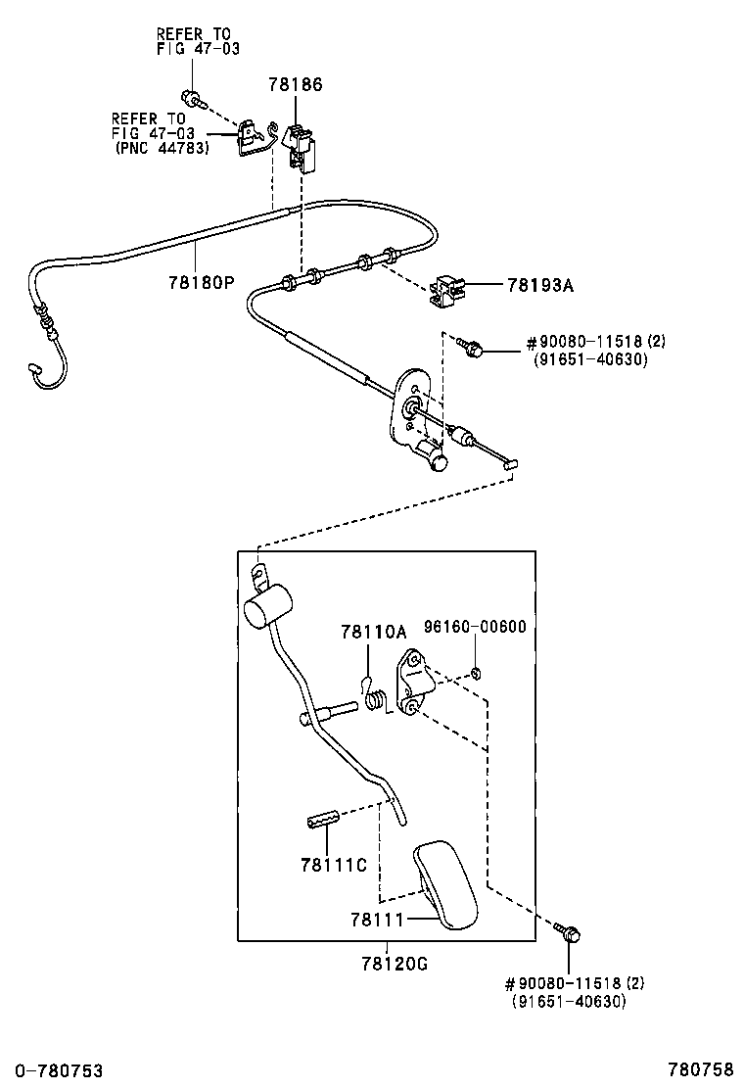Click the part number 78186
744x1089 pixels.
pyautogui.click(x=296, y=85)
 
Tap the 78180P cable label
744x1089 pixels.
pyautogui.click(x=202, y=283)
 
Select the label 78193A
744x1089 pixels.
pyautogui.click(x=540, y=285)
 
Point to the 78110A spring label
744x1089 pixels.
pyautogui.click(x=373, y=632)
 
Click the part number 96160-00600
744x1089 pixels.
pyautogui.click(x=476, y=627)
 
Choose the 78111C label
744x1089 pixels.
pyautogui.click(x=334, y=865)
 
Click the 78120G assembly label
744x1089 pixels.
pyautogui.click(x=395, y=964)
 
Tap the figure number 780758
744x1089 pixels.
pyautogui.click(x=701, y=1068)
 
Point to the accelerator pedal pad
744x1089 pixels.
pyautogui.click(x=446, y=885)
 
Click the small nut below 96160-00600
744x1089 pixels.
pyautogui.click(x=476, y=672)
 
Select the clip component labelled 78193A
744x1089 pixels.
pyautogui.click(x=447, y=291)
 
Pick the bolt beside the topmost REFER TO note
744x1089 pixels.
pyautogui.click(x=190, y=98)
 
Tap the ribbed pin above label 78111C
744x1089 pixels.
pyautogui.click(x=323, y=818)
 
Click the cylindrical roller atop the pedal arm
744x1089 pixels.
pyautogui.click(x=267, y=607)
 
